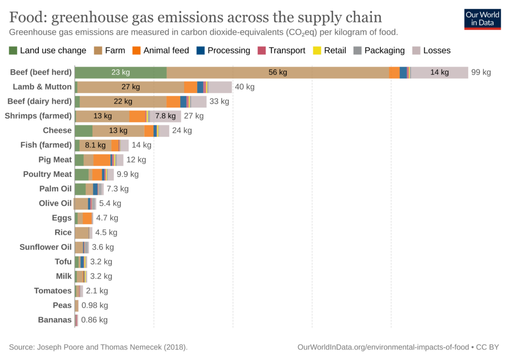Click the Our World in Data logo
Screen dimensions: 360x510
click(x=482, y=19)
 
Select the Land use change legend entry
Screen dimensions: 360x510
click(x=47, y=50)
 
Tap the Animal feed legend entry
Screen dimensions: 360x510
click(x=160, y=50)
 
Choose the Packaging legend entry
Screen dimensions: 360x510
click(x=379, y=50)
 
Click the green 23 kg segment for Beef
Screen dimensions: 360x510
click(x=121, y=72)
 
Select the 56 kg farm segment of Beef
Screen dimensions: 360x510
click(x=278, y=72)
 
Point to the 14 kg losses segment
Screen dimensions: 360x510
click(x=439, y=72)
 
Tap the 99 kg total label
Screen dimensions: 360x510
click(x=481, y=72)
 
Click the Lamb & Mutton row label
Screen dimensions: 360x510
click(x=42, y=87)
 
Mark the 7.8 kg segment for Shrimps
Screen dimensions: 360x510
click(x=165, y=116)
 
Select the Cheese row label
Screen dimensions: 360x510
click(x=57, y=130)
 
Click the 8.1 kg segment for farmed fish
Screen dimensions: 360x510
click(x=95, y=145)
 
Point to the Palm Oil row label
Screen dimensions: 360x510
click(x=55, y=189)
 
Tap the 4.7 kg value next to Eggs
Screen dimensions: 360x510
click(x=107, y=218)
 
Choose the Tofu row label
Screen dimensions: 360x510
click(x=63, y=261)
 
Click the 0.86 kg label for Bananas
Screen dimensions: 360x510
click(x=94, y=320)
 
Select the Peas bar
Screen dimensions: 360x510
click(x=77, y=305)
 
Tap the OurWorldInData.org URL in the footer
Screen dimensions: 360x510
click(x=382, y=347)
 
